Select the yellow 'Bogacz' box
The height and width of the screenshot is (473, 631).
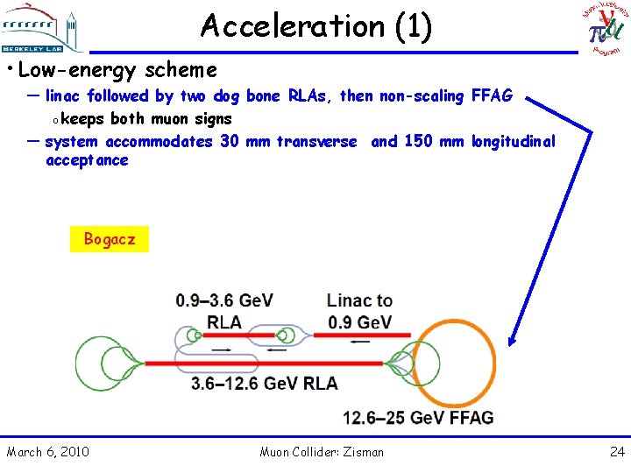110,239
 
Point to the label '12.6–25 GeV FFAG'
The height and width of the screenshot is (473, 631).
418,418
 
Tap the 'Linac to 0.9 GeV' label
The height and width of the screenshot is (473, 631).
359,311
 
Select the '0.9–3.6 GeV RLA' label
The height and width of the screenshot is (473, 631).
224,311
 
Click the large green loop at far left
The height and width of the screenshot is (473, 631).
103,363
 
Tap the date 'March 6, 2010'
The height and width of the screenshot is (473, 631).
47,452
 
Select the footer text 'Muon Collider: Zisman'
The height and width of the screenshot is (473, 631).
322,452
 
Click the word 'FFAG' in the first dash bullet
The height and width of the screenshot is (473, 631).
492,96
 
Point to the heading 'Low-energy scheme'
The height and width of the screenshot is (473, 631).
117,69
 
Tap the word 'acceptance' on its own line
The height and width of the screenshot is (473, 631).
87,160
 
